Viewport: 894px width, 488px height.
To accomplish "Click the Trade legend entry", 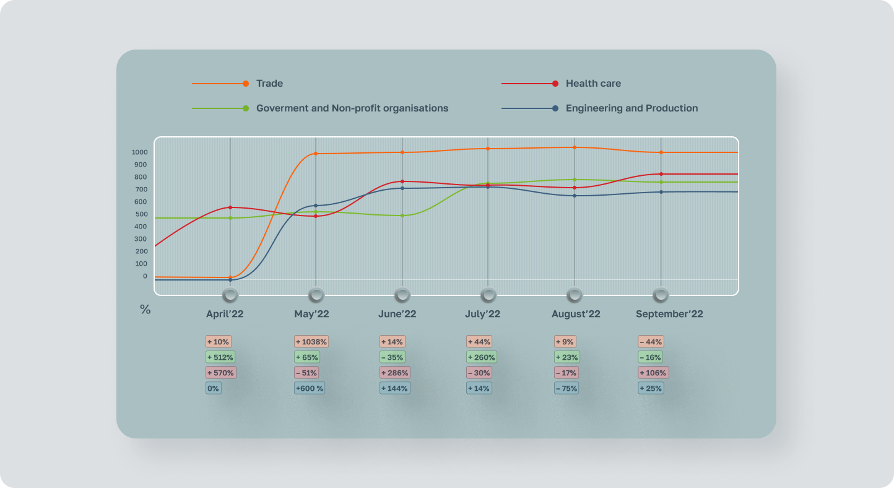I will coord(269,84).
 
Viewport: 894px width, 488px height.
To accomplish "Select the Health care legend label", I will coord(592,84).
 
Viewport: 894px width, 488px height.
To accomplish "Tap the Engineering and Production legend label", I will coord(631,108).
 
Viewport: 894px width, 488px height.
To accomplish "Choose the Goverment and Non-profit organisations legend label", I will coord(352,108).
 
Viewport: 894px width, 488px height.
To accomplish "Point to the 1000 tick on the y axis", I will coord(139,152).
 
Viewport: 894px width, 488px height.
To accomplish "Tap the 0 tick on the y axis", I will coord(145,276).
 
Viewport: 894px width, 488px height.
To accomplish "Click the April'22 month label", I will coord(225,314).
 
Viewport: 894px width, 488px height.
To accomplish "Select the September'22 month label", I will coord(669,314).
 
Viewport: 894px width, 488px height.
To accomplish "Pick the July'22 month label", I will coord(482,314).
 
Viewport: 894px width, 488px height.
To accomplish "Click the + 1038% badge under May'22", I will coord(311,342).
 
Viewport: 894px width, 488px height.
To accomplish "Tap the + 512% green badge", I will coord(220,357).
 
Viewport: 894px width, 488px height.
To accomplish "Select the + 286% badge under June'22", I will coord(394,373).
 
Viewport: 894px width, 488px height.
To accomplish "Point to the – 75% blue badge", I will coord(566,388).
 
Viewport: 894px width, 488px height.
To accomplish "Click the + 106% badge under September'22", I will coord(653,373).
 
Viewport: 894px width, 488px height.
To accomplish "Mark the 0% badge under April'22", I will coord(213,388).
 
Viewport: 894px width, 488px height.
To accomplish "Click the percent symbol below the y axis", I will coord(145,310).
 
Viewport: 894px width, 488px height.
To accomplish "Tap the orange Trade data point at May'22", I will coord(316,154).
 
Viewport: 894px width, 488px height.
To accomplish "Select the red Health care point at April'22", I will coord(230,207).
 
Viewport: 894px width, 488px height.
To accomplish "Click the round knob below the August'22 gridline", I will coord(575,295).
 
